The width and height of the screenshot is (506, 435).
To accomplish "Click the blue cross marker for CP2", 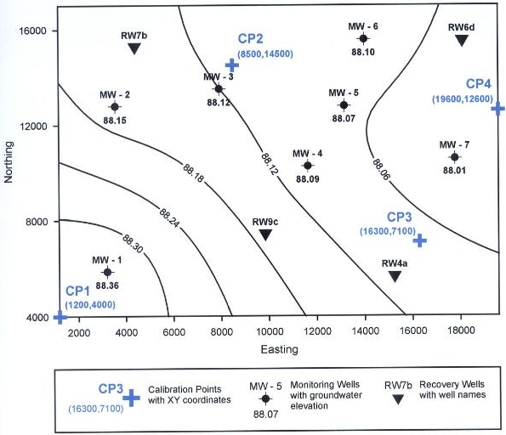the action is point(231,65).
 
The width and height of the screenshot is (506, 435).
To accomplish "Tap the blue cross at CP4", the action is point(498,109).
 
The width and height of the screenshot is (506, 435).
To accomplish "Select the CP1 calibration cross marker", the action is point(60,317).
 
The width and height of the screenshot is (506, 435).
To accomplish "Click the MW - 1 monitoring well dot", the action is point(107,273).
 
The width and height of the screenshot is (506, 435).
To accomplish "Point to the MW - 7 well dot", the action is point(454,157).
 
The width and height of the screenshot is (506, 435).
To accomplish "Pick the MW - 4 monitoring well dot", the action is point(308,166).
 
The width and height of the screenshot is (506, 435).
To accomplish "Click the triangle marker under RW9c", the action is point(265,234).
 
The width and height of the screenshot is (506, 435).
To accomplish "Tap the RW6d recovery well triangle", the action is point(462,40).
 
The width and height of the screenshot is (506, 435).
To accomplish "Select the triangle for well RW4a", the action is point(395,276).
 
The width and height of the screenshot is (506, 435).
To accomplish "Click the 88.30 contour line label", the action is point(133,244).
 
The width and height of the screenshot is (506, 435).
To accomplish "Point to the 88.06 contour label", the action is point(381,169).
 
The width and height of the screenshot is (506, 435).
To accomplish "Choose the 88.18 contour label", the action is point(193,173).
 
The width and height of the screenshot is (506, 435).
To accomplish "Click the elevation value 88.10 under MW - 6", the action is point(363,52).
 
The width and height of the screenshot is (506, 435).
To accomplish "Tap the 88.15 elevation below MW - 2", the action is point(115,121).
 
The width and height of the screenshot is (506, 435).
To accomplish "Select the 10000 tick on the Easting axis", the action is point(270,331).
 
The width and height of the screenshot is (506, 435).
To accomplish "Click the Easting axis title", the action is point(280,349).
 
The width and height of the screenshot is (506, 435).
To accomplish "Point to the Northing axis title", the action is point(9,162).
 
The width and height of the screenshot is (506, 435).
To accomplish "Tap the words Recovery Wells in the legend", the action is point(452,384).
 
